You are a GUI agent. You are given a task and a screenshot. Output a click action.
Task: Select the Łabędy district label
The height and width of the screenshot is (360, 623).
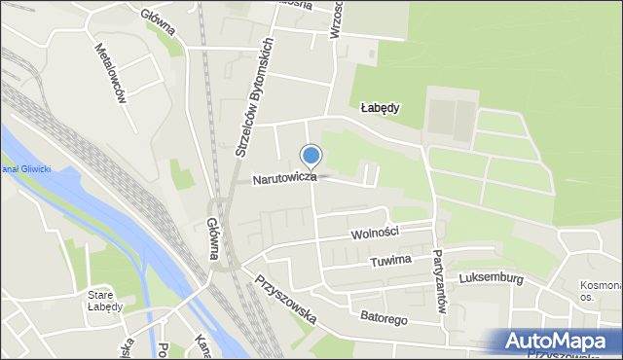380,108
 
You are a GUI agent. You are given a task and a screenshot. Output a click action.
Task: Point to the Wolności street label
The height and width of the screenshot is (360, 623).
376,233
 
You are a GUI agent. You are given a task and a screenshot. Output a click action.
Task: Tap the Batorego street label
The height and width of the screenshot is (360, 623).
384,318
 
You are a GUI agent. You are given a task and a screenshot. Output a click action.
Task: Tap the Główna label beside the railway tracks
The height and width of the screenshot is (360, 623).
212,239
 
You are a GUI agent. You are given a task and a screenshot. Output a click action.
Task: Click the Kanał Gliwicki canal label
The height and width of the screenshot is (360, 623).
25,169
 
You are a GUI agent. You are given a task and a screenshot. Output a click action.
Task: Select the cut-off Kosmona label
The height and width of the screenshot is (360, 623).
600,287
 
